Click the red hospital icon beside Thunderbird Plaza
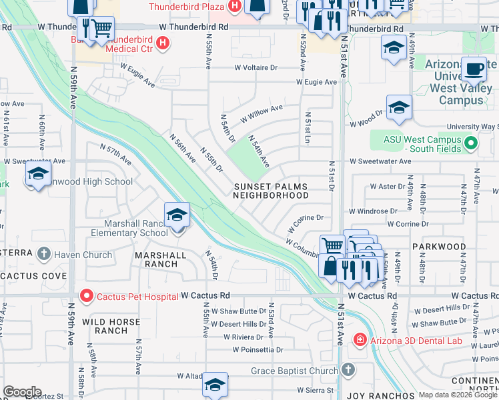point(234,7)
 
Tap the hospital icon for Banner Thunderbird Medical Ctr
point(162,44)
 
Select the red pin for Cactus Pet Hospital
point(85,295)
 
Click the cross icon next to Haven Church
point(44,253)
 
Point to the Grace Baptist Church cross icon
point(348,370)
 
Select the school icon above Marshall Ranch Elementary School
point(177,215)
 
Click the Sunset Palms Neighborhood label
point(271,191)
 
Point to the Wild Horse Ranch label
point(111,326)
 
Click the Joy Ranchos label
point(374,395)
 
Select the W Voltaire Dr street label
point(256,68)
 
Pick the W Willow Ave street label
point(262,112)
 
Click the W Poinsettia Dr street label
point(258,349)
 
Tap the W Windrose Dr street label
point(373,211)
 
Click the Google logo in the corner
point(22,392)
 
